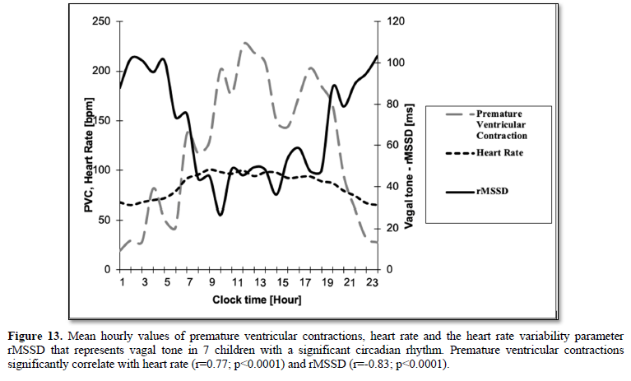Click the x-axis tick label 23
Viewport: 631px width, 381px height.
[x=373, y=283]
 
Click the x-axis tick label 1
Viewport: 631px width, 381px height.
[x=121, y=283]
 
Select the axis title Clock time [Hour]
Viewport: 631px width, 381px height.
[x=247, y=300]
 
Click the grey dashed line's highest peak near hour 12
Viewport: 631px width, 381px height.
[x=245, y=43]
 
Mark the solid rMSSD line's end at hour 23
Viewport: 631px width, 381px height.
[x=377, y=56]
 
